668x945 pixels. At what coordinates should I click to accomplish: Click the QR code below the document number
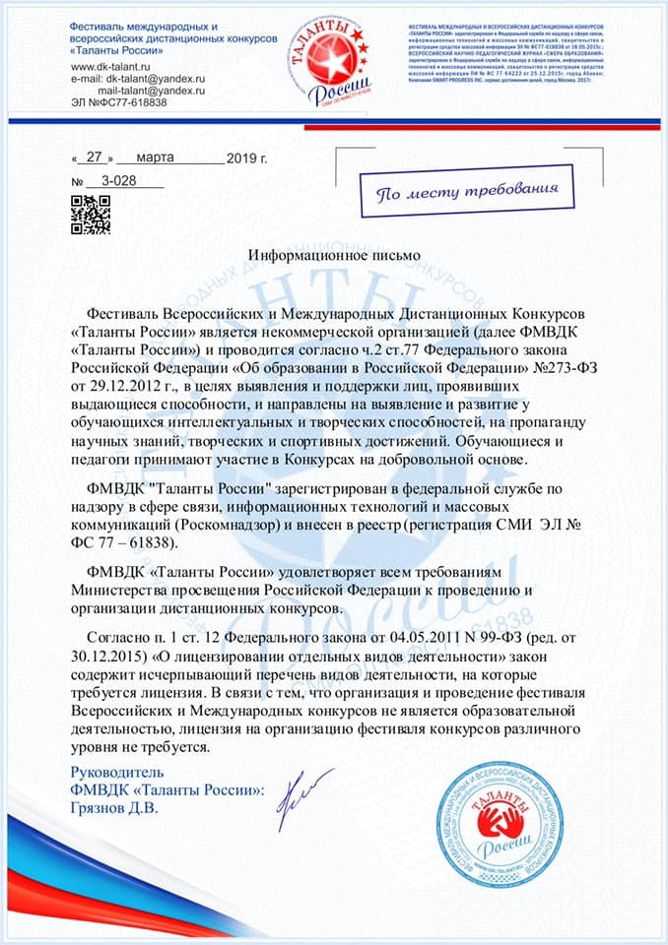point(90,216)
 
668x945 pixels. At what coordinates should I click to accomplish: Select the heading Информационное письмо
point(334,254)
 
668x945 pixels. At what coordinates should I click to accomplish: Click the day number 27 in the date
point(95,157)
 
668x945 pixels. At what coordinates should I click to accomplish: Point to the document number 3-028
point(117,181)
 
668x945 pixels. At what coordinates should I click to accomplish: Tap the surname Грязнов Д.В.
point(114,808)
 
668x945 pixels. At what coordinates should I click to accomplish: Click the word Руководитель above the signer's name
point(119,773)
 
